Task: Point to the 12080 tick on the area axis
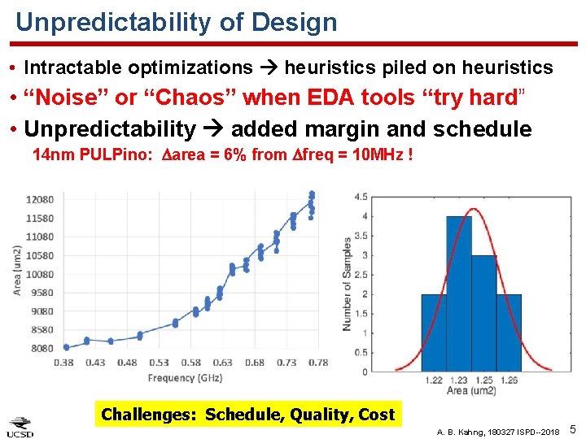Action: pyautogui.click(x=40, y=199)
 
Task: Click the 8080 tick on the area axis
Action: pyautogui.click(x=40, y=348)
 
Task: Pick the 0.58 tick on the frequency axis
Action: pyautogui.click(x=190, y=363)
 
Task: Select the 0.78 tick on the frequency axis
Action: pyautogui.click(x=317, y=363)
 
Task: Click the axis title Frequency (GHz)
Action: pyautogui.click(x=183, y=377)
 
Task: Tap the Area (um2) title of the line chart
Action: pyautogui.click(x=17, y=270)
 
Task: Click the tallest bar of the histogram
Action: pyautogui.click(x=458, y=293)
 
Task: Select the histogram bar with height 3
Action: pyautogui.click(x=483, y=313)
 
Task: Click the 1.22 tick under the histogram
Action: pyautogui.click(x=433, y=380)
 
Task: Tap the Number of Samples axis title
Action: pyautogui.click(x=348, y=283)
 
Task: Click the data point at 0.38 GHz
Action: pyautogui.click(x=66, y=347)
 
